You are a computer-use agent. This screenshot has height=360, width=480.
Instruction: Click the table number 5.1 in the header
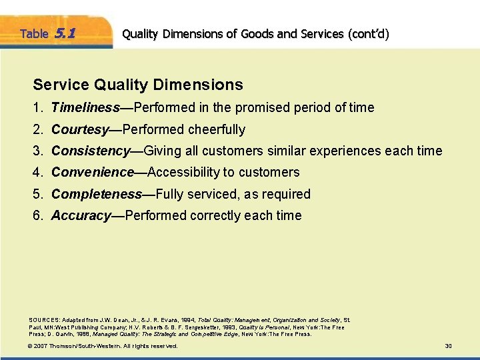pyautogui.click(x=65, y=33)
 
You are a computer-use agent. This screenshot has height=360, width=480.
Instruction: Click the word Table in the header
pyautogui.click(x=33, y=33)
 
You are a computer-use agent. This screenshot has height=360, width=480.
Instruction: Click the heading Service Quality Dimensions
pyautogui.click(x=138, y=85)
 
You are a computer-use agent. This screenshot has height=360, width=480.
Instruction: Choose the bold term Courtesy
pyautogui.click(x=80, y=129)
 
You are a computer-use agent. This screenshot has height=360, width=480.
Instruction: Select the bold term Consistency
pyautogui.click(x=90, y=151)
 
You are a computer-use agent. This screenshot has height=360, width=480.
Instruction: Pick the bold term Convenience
pyautogui.click(x=93, y=172)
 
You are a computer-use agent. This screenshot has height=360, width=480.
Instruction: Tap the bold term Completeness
pyautogui.click(x=97, y=194)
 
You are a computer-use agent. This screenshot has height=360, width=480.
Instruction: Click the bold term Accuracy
pyautogui.click(x=81, y=215)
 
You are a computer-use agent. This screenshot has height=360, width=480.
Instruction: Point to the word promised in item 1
pyautogui.click(x=255, y=107)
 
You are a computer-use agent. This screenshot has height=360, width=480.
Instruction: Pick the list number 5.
pyautogui.click(x=38, y=194)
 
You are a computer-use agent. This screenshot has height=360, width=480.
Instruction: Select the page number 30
pyautogui.click(x=448, y=346)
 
